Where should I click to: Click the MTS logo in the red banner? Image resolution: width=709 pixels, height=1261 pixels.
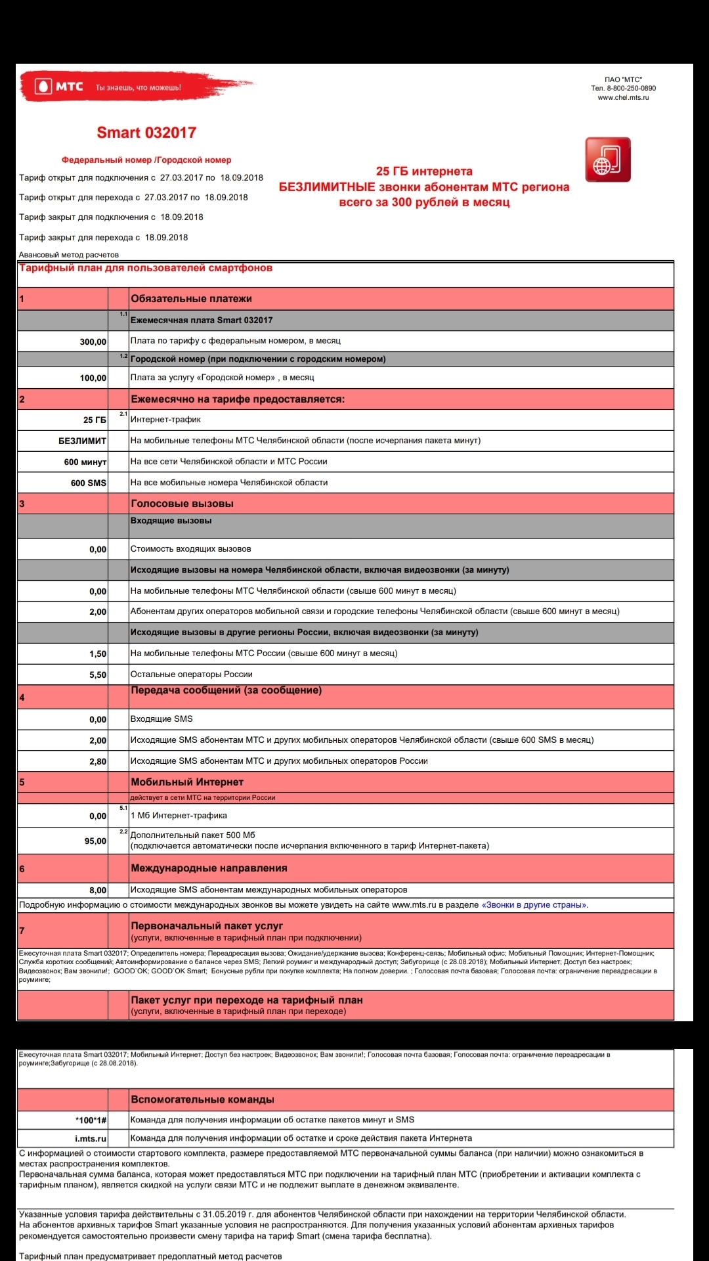coord(60,87)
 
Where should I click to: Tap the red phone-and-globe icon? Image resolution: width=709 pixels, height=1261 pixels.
coord(607,160)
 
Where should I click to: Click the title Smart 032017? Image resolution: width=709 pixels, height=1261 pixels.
coord(146,133)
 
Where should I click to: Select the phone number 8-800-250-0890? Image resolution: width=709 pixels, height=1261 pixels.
coord(631,88)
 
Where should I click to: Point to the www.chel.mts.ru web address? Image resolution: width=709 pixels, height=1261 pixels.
coord(623,97)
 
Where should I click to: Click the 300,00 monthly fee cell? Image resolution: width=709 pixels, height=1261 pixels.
coord(93,342)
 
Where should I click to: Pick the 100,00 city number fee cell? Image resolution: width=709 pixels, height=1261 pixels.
coord(93,378)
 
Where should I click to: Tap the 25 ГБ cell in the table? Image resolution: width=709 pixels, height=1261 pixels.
coord(95,420)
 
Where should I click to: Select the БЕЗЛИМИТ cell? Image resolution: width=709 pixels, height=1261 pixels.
coord(82,441)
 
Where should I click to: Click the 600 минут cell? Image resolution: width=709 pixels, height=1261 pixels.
coord(85,462)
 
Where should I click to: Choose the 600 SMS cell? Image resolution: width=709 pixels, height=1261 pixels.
coord(88,483)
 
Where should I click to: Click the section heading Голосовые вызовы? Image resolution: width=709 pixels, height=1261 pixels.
coord(182,504)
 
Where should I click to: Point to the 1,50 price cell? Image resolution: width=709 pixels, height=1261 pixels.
coord(97,653)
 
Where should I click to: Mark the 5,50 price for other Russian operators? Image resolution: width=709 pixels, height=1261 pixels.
coord(97,675)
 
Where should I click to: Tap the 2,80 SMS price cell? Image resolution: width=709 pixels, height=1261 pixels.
coord(97,761)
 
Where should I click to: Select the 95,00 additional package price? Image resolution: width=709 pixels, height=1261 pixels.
coord(95,841)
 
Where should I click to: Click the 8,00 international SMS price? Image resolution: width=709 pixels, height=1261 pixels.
coord(97,890)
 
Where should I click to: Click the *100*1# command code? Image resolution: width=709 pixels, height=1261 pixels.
coord(91,1120)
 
